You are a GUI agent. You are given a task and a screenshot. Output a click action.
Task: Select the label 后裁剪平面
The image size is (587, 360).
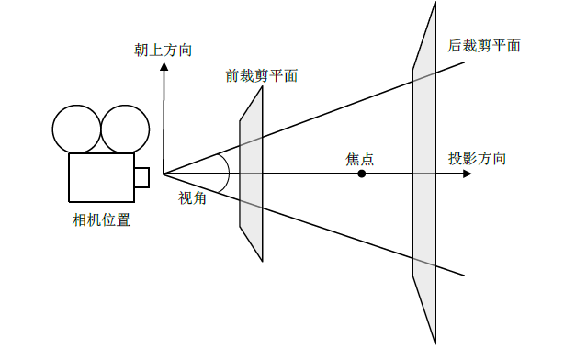pos(484,44)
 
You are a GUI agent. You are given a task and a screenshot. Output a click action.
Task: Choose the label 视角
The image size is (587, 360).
pos(192,196)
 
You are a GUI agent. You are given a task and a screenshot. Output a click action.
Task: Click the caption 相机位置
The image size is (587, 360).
pos(101,219)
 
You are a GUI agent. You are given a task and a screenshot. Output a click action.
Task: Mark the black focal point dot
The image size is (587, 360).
pos(362,174)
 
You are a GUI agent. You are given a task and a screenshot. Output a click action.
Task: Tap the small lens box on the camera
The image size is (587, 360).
pos(141,177)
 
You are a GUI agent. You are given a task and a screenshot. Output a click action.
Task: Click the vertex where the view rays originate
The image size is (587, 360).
pos(164,174)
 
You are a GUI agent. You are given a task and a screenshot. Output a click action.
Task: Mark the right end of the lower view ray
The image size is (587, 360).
pos(464,274)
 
